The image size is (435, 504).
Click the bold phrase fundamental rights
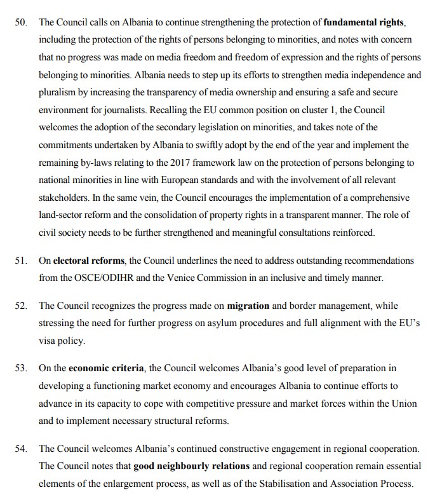click(363, 22)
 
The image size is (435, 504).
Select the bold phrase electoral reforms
click(88, 261)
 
